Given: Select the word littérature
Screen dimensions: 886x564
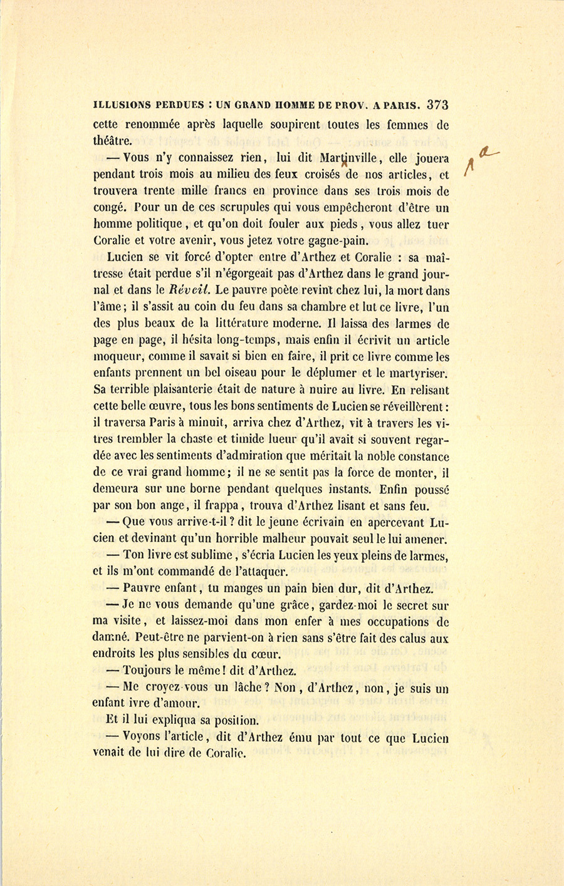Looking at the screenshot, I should point(244,324).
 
